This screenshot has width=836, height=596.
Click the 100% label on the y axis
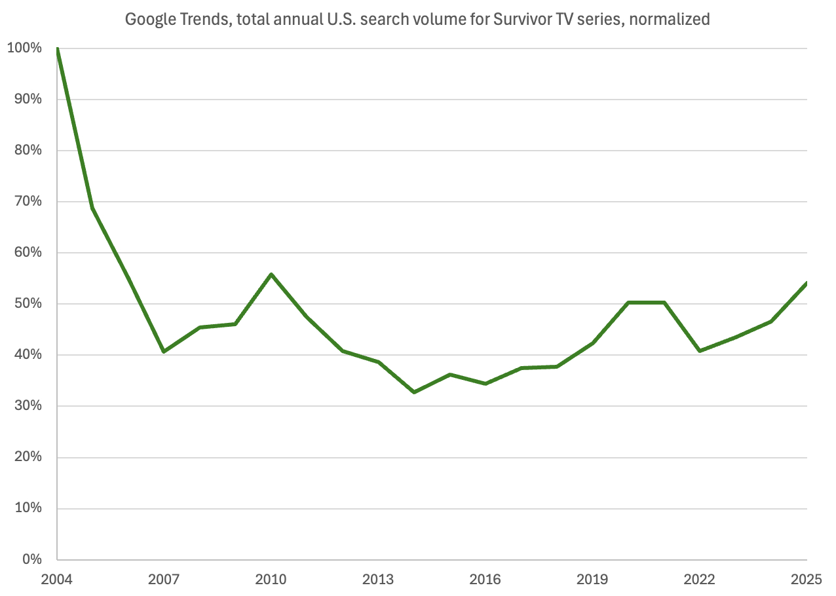[x=25, y=48]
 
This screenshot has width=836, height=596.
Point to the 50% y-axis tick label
[x=28, y=304]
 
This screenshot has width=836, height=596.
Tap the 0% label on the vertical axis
[x=31, y=560]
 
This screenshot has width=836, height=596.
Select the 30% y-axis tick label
[x=28, y=406]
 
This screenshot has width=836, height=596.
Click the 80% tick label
[x=28, y=151]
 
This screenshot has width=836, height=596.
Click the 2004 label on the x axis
[x=57, y=580]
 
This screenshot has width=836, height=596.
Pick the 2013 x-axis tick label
[x=378, y=580]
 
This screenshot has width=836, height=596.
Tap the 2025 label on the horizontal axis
[x=807, y=580]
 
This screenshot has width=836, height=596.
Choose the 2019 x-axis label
[x=592, y=580]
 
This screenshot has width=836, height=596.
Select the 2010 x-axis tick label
[x=271, y=580]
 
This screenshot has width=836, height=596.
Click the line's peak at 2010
[x=271, y=274]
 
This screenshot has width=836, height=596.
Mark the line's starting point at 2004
[x=58, y=48]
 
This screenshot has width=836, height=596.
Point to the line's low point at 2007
[x=164, y=352]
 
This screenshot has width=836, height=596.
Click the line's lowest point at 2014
[x=414, y=392]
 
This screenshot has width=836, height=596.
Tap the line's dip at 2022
[x=700, y=351]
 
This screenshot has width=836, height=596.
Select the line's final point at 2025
[x=807, y=284]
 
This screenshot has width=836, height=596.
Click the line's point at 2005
[x=93, y=208]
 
